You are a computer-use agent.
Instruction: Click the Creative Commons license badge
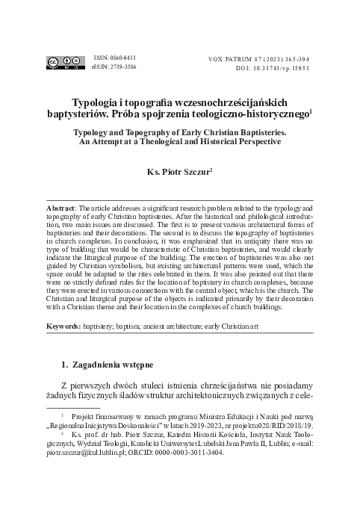(x=65, y=62)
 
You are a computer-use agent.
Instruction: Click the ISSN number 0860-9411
(x=110, y=57)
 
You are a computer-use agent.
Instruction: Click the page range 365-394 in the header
(x=296, y=57)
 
